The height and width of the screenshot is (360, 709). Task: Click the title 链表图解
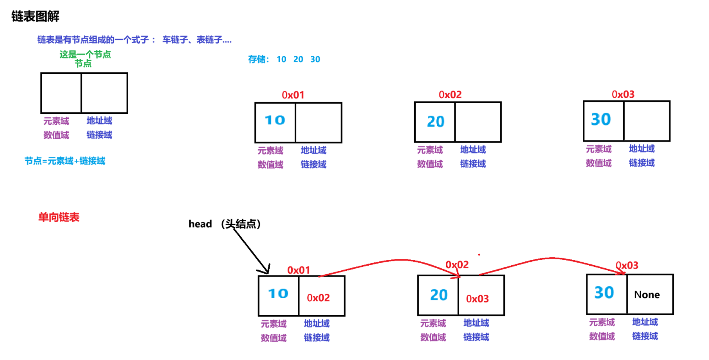35,16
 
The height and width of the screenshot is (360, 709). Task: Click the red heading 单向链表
59,217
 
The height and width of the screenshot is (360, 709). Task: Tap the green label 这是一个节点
85,54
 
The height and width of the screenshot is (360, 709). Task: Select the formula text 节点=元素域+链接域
65,161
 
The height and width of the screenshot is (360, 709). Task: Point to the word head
200,224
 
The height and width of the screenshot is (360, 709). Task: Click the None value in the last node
647,295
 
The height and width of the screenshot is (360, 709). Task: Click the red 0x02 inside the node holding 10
318,298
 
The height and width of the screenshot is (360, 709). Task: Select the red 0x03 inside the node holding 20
477,299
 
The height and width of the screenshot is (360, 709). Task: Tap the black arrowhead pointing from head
265,269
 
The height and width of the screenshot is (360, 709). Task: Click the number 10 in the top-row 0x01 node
275,121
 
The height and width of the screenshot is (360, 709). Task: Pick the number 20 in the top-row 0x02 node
436,122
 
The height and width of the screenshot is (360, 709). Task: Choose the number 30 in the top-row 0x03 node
601,120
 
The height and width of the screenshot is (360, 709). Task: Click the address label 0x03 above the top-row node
623,94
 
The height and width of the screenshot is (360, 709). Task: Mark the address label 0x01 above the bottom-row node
298,270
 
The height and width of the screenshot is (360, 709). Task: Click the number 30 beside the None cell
604,293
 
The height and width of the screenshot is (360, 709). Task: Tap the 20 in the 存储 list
298,60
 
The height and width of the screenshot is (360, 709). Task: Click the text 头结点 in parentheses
241,224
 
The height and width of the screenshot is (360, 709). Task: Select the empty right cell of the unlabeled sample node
105,93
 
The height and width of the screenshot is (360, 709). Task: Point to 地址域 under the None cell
645,322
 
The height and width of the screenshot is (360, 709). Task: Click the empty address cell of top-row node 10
318,123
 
